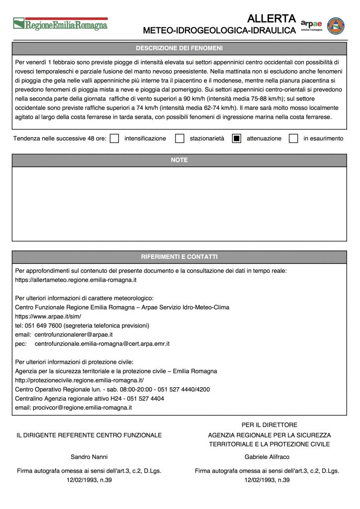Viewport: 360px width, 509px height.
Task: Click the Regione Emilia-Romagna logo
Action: pyautogui.click(x=60, y=23)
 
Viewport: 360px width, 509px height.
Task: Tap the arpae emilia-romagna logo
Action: pyautogui.click(x=311, y=25)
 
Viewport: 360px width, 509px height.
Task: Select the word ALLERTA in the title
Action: pyautogui.click(x=271, y=19)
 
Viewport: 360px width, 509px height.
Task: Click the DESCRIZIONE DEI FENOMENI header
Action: pyautogui.click(x=179, y=48)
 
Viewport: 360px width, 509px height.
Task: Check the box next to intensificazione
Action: pyautogui.click(x=114, y=139)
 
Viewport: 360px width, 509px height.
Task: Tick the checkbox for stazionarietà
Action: pyautogui.click(x=180, y=139)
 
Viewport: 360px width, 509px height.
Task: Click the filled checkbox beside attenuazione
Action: pyautogui.click(x=237, y=139)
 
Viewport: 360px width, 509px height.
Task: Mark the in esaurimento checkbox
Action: pyautogui.click(x=293, y=139)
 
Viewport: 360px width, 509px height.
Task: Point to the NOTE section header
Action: pyautogui.click(x=179, y=160)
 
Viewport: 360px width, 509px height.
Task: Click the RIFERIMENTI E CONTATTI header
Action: pyautogui.click(x=179, y=257)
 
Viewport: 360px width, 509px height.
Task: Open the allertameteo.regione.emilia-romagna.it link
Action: pyautogui.click(x=76, y=280)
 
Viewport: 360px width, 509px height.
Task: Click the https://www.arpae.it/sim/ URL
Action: pyautogui.click(x=48, y=316)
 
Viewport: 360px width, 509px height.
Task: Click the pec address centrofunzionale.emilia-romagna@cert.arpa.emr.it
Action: pyautogui.click(x=102, y=343)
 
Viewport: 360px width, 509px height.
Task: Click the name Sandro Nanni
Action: pyautogui.click(x=89, y=457)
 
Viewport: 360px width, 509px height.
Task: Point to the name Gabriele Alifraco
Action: pyautogui.click(x=267, y=457)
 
